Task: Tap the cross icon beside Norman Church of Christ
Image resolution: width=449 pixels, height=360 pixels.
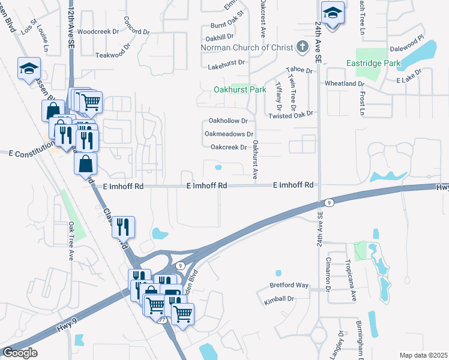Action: coord(302,47)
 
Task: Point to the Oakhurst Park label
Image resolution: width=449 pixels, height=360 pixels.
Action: coord(240,89)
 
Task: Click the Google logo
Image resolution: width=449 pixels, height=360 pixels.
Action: coord(20,353)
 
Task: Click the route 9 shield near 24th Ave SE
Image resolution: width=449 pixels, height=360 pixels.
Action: coord(329,203)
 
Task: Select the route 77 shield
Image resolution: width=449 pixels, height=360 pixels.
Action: coord(163,320)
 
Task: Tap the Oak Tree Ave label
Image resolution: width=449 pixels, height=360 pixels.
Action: coord(70,241)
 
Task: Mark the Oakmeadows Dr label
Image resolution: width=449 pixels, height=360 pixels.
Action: coord(229,134)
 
